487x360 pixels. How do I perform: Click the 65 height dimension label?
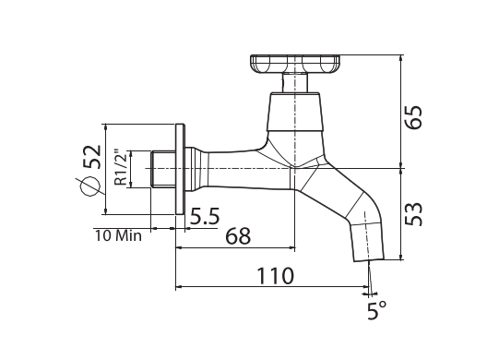click(x=414, y=117)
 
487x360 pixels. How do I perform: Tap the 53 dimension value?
click(x=414, y=214)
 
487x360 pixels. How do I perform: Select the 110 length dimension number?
click(x=275, y=276)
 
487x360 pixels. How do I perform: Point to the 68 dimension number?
click(x=238, y=236)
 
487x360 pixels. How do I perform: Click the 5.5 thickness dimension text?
click(x=205, y=216)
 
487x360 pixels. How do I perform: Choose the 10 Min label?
click(x=118, y=236)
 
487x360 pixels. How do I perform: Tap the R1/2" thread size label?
click(x=121, y=168)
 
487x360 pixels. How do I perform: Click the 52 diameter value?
click(x=93, y=157)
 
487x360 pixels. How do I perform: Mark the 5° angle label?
click(x=376, y=310)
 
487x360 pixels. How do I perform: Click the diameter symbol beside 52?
click(x=90, y=186)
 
